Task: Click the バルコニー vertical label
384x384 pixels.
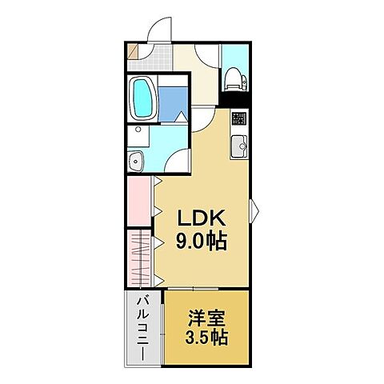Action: coord(143,328)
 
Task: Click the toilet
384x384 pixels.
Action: coord(234,78)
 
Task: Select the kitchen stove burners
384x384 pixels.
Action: coord(238,120)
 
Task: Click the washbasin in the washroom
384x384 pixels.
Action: coord(137,160)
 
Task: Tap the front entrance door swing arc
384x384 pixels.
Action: coord(159,27)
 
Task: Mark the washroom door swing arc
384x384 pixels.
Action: coord(178,160)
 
